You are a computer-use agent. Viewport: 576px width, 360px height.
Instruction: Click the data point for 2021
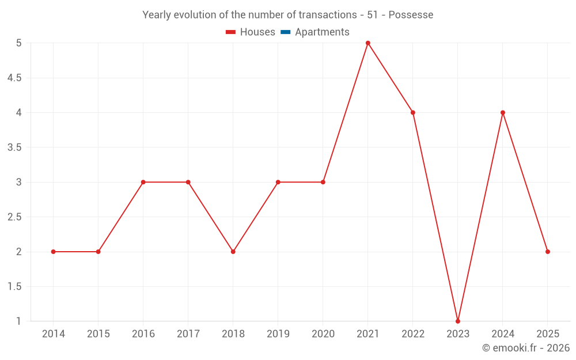tap(367, 43)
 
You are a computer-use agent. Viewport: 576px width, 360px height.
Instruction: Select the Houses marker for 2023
tap(458, 321)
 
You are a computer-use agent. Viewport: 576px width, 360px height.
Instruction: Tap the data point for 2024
tap(503, 112)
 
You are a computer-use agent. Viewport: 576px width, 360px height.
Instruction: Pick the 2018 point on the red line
tap(233, 252)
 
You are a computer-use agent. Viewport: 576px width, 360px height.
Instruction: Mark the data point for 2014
tap(53, 252)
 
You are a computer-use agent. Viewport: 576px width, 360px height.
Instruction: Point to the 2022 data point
tap(413, 112)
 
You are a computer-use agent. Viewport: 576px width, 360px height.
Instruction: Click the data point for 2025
tap(548, 252)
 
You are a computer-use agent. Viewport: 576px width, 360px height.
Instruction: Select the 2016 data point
tap(143, 182)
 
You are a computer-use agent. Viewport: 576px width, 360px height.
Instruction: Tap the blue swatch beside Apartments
tap(285, 32)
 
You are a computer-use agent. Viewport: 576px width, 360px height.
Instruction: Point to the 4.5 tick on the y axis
tap(14, 78)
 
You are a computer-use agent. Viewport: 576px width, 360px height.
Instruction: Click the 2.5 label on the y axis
tap(14, 217)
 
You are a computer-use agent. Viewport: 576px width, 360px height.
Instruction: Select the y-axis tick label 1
tap(19, 321)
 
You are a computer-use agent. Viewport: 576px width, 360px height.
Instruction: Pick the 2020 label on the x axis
tap(323, 334)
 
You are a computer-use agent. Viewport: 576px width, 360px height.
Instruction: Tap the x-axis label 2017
tap(188, 334)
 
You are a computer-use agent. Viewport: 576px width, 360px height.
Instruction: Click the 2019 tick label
tap(278, 334)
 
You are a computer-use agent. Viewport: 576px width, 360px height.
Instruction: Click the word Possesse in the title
tap(411, 15)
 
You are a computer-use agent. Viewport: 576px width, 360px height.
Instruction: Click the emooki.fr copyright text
tap(525, 348)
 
